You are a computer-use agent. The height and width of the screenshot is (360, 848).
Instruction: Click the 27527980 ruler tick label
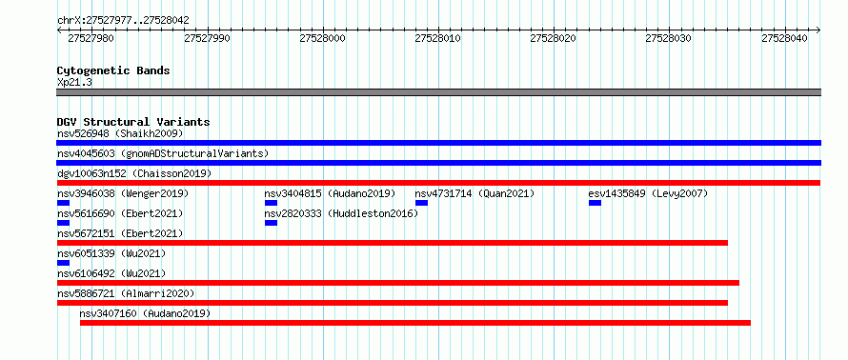(91, 38)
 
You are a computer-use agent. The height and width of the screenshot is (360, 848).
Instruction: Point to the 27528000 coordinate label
(322, 38)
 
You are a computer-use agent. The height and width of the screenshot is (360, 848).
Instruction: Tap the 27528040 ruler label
(784, 38)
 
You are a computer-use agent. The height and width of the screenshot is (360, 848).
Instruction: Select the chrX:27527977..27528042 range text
(123, 21)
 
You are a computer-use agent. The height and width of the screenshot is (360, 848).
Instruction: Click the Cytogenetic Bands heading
(113, 70)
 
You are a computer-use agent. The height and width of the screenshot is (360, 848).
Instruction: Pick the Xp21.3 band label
(74, 82)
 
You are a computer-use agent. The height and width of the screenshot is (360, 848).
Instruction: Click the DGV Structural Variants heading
(133, 122)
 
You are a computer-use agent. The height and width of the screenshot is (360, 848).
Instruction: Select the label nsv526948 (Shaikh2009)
(120, 133)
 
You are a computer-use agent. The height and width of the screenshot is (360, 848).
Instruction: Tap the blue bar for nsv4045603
(438, 163)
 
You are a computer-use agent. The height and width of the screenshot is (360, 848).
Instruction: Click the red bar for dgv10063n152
(438, 183)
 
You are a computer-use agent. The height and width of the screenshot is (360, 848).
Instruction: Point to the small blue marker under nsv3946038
(63, 203)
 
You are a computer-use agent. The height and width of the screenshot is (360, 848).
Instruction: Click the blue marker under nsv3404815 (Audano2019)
(271, 203)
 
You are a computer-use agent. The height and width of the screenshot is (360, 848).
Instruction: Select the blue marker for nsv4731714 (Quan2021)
(421, 203)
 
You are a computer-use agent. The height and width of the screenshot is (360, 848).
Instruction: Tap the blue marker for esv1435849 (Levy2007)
(595, 203)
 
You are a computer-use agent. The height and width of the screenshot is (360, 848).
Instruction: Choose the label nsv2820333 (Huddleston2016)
(341, 213)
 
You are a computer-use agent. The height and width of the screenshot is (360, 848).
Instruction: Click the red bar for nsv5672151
(393, 243)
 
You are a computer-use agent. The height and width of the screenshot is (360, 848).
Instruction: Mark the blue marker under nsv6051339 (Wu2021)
(63, 263)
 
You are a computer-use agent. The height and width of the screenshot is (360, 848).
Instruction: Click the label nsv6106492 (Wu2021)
(111, 273)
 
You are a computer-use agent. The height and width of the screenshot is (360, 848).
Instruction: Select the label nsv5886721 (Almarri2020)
(126, 293)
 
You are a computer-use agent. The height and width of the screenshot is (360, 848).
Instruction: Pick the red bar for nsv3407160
(415, 323)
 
